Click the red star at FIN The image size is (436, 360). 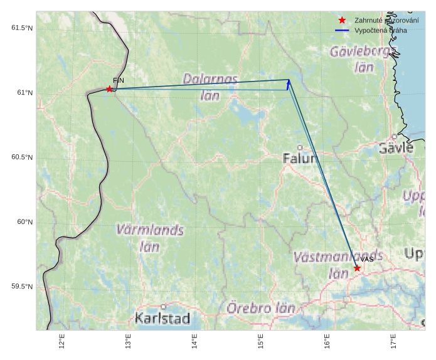(110, 89)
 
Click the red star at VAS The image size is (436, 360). (357, 268)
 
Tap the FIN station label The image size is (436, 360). (119, 81)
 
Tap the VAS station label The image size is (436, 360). (367, 260)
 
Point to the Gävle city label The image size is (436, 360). (396, 148)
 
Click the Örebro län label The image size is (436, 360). (260, 308)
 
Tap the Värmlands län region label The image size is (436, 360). (150, 238)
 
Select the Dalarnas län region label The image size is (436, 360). (210, 87)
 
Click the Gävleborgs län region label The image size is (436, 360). (363, 58)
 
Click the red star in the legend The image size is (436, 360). (342, 20)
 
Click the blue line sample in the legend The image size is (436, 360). (342, 30)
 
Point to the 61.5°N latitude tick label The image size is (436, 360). (22, 28)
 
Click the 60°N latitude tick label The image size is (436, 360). (24, 222)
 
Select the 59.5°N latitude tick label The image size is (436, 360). (22, 287)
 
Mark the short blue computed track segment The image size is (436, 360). (288, 85)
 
